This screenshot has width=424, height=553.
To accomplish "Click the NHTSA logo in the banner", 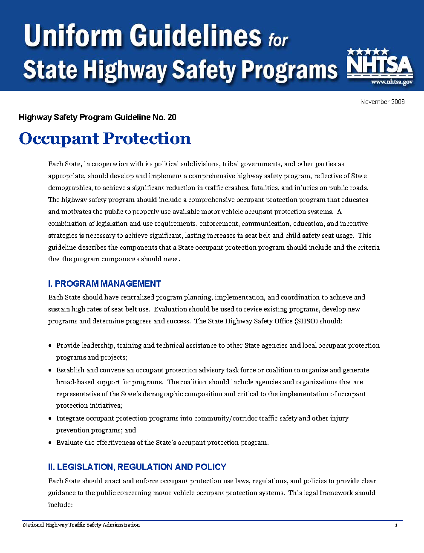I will [379, 67].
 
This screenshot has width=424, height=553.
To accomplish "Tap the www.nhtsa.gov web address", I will [392, 82].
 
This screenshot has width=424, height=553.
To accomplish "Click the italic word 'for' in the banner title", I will [278, 40].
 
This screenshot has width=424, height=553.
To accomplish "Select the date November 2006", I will [382, 101].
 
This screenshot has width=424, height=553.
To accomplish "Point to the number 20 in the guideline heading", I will [172, 117].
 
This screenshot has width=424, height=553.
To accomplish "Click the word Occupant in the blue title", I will [59, 139].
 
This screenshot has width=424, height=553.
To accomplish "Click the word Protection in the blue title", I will [147, 138].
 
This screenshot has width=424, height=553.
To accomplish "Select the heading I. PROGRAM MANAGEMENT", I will [104, 284].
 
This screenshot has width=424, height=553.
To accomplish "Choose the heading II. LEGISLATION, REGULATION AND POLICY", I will [137, 467].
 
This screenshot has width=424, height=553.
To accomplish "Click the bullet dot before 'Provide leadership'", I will [51, 346].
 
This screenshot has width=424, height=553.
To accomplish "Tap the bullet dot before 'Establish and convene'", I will [51, 370].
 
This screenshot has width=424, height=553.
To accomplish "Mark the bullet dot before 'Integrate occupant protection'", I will [51, 418].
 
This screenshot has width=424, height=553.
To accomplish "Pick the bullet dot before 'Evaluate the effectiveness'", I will [51, 443].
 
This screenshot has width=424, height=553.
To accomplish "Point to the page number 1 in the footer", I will [396, 525].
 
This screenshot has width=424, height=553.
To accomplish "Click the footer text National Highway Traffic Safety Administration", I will [81, 525].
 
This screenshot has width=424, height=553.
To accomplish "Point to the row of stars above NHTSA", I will [367, 52].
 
